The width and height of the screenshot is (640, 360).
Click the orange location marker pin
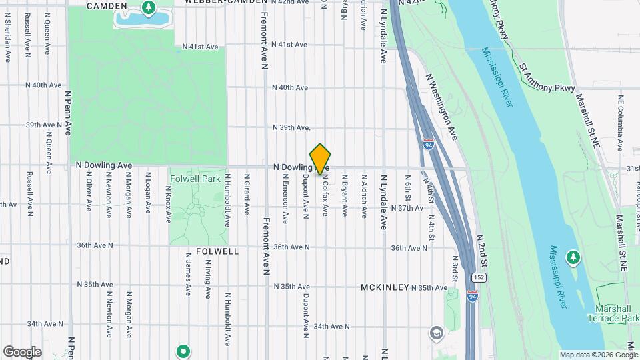click(x=321, y=159)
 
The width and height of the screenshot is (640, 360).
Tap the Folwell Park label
click(x=194, y=179)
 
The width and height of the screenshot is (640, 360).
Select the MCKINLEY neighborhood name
click(x=385, y=287)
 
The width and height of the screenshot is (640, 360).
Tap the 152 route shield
click(x=479, y=277)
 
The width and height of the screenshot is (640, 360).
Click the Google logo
click(x=22, y=352)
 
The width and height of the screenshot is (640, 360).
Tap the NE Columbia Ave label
click(x=621, y=117)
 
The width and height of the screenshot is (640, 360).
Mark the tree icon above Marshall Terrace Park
click(x=573, y=257)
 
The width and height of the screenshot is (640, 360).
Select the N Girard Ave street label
click(x=247, y=189)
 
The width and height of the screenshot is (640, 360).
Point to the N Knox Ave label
click(x=167, y=197)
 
